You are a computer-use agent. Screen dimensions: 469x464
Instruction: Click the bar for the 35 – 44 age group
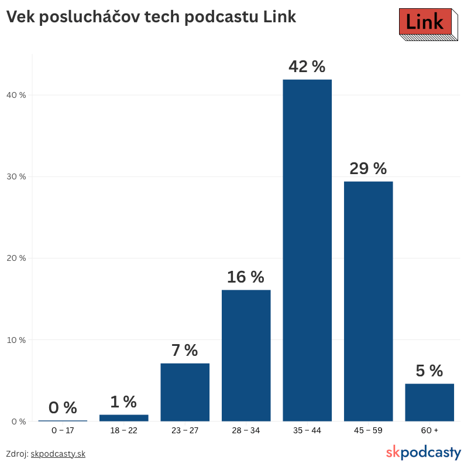point(307,250)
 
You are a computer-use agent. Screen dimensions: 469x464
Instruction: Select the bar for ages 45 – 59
point(368,301)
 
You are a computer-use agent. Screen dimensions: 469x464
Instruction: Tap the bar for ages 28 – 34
point(246,355)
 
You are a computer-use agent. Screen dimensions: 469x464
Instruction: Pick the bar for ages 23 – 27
point(185,392)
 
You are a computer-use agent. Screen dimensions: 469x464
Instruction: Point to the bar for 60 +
point(429,402)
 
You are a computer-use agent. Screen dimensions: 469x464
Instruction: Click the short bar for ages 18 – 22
point(124,418)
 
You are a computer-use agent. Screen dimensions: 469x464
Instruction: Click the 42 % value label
point(307,67)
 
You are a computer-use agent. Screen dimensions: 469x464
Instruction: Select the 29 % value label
point(368,169)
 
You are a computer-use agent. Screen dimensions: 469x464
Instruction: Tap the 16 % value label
point(246,277)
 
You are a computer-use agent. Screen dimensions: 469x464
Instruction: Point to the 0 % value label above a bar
point(63,408)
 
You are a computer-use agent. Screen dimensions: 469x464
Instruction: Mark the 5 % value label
point(429,371)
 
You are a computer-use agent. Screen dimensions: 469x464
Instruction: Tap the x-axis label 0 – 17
point(63,431)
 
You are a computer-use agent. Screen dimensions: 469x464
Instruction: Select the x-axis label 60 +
point(429,431)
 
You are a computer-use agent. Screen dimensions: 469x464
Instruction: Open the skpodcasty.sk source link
point(58,454)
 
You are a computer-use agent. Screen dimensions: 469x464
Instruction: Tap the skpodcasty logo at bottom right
point(424,453)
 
